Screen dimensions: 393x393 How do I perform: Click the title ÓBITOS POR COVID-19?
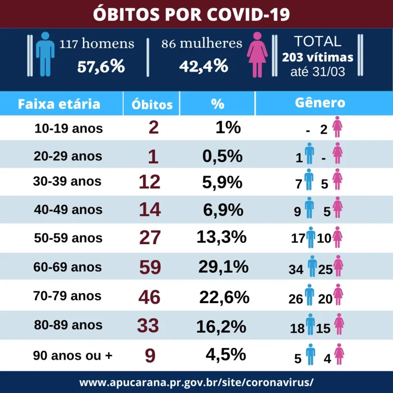coord(191,14)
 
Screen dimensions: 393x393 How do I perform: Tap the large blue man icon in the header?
coord(45,54)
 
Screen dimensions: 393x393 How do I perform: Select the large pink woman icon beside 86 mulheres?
coord(257,55)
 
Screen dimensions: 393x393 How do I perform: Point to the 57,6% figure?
coord(101,66)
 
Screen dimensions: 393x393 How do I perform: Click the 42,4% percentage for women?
coord(203,66)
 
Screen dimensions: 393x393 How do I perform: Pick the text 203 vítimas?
coord(317,57)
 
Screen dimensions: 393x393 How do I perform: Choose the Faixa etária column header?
coord(59,104)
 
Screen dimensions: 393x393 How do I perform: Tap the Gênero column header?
coord(320,103)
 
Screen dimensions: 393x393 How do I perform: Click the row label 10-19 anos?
coord(69,129)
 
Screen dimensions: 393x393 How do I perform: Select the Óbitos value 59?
coord(150,267)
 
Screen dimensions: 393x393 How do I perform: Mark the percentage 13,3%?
coord(222,237)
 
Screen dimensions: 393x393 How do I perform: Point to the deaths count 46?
coord(149,297)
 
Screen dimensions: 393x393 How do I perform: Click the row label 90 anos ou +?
coord(73,355)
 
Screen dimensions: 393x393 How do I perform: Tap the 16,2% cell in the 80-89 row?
coord(221,327)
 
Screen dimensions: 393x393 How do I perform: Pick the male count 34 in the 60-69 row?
coord(296,270)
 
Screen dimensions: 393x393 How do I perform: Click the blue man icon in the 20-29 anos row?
coord(309,153)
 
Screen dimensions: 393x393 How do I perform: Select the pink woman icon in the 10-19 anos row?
coord(337,127)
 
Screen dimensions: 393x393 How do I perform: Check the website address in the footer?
coord(196,383)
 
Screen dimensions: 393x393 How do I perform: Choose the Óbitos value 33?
coord(148,326)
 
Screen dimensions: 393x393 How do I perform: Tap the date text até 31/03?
coord(318,72)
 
